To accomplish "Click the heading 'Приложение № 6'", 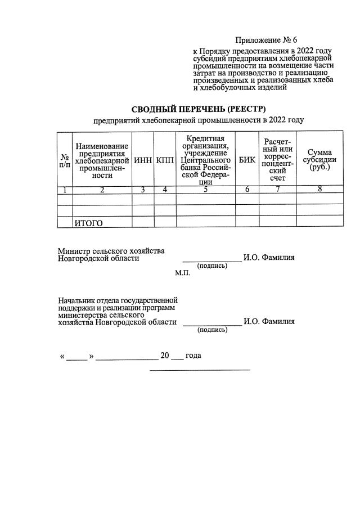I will [265, 40].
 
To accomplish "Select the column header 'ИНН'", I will [143, 160].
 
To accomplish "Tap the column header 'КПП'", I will [165, 160].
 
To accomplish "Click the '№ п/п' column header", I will [65, 160].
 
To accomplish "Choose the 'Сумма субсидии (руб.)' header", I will [319, 160].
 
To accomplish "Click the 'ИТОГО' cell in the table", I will [89, 223].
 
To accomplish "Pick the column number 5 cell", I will [205, 190].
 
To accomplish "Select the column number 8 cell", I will [319, 190].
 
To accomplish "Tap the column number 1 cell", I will [65, 190].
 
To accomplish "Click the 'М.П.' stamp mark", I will [183, 273].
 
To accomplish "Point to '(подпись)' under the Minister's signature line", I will [211, 265].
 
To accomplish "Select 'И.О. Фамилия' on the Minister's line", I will [269, 258].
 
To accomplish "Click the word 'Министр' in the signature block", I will [73, 250].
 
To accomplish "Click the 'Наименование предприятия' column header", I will [102, 160].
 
